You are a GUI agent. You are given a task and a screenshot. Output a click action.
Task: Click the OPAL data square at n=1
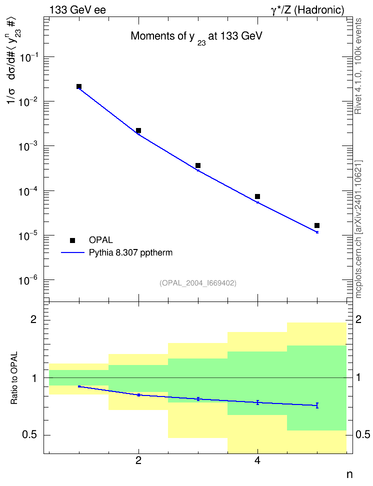pos(79,86)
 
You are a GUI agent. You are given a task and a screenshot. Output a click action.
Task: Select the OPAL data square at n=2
pos(138,130)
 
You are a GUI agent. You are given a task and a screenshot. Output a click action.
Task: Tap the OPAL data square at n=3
pos(198,165)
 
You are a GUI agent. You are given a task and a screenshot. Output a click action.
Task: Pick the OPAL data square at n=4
pos(257,196)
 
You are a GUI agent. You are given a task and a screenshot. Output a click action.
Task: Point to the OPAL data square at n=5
pos(317,225)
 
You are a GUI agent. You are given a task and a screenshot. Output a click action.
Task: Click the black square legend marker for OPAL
pos(72,240)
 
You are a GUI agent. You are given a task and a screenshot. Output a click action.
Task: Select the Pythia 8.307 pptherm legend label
pos(130,253)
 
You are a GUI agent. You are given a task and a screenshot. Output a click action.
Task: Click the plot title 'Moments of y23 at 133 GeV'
pos(196,37)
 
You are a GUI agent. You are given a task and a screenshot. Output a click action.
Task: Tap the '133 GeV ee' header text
pos(77,10)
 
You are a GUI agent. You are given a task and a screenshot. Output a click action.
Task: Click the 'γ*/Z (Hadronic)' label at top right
pos(307,10)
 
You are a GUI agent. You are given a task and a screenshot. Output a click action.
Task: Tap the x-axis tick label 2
pos(138,460)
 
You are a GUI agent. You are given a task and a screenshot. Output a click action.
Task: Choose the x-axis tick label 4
pos(257,460)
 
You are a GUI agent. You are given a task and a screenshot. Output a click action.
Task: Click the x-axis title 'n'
pos(349,474)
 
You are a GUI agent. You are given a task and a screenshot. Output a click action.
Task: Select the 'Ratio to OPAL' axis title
pos(14,378)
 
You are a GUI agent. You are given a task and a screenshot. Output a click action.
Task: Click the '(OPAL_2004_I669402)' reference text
pos(198,283)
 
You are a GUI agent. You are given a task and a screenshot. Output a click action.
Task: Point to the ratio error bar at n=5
pos(317,405)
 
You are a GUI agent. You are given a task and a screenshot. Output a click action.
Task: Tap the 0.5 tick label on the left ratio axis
pos(30,435)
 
